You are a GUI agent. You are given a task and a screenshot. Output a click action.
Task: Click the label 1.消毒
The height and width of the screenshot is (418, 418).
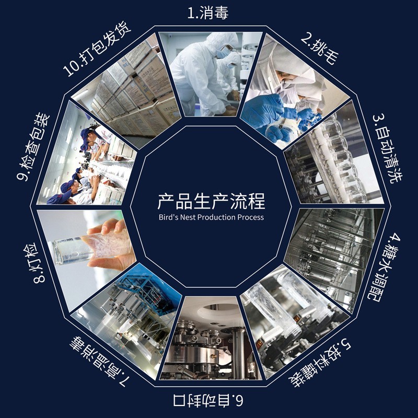point(207,13)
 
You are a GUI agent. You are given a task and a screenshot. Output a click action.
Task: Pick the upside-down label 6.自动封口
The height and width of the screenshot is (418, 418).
point(208,402)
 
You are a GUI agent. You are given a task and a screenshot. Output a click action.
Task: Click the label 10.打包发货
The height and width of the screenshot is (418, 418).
point(97,48)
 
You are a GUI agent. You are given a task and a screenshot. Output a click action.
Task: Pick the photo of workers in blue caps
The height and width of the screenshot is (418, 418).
point(86,162)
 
